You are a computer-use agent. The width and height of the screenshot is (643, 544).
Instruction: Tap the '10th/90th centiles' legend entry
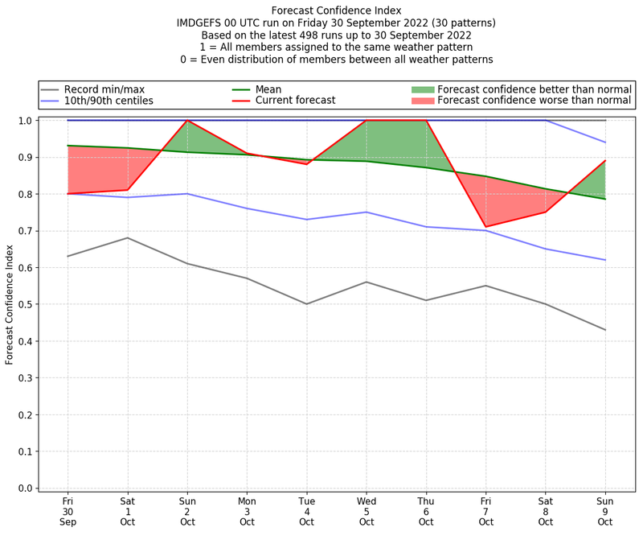pyautogui.click(x=109, y=101)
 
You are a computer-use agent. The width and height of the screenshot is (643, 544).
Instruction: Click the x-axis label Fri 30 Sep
pyautogui.click(x=68, y=511)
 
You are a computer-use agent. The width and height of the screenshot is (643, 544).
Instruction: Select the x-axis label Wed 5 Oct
pyautogui.click(x=367, y=511)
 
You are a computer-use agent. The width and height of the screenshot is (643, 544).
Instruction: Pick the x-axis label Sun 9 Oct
pyautogui.click(x=605, y=511)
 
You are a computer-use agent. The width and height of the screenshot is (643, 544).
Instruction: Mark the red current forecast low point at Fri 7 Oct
pyautogui.click(x=485, y=227)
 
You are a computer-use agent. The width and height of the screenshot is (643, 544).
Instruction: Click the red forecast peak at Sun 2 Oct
pyautogui.click(x=187, y=121)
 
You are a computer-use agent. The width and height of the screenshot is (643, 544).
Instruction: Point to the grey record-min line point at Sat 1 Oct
pyautogui.click(x=127, y=237)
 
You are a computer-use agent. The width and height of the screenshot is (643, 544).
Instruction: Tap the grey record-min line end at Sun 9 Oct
pyautogui.click(x=605, y=330)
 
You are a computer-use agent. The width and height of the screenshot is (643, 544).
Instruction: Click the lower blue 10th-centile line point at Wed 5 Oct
pyautogui.click(x=367, y=212)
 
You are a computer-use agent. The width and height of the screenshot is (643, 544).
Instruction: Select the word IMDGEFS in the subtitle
pyautogui.click(x=203, y=23)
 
